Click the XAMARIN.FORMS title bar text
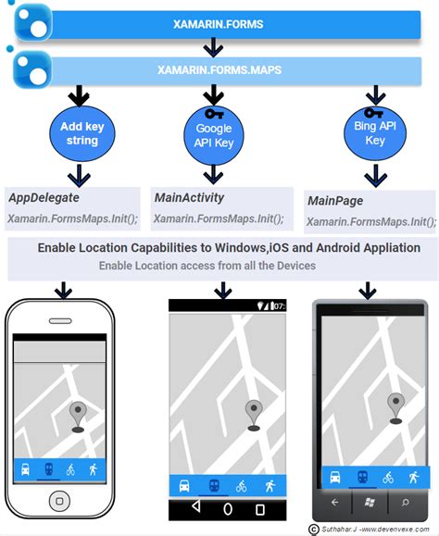pos(219,24)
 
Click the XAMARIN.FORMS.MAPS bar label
pos(219,68)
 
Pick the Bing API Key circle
pos(374,135)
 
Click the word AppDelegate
pos(44,197)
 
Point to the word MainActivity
pos(189,197)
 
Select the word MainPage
pos(334,200)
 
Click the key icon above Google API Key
pos(215,115)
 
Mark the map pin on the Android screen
pos(253,413)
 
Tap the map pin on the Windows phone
pos(397,406)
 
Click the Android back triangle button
pos(194,507)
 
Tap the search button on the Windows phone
pos(406,502)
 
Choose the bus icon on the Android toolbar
pos(185,484)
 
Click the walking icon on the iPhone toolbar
pos(93,469)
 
